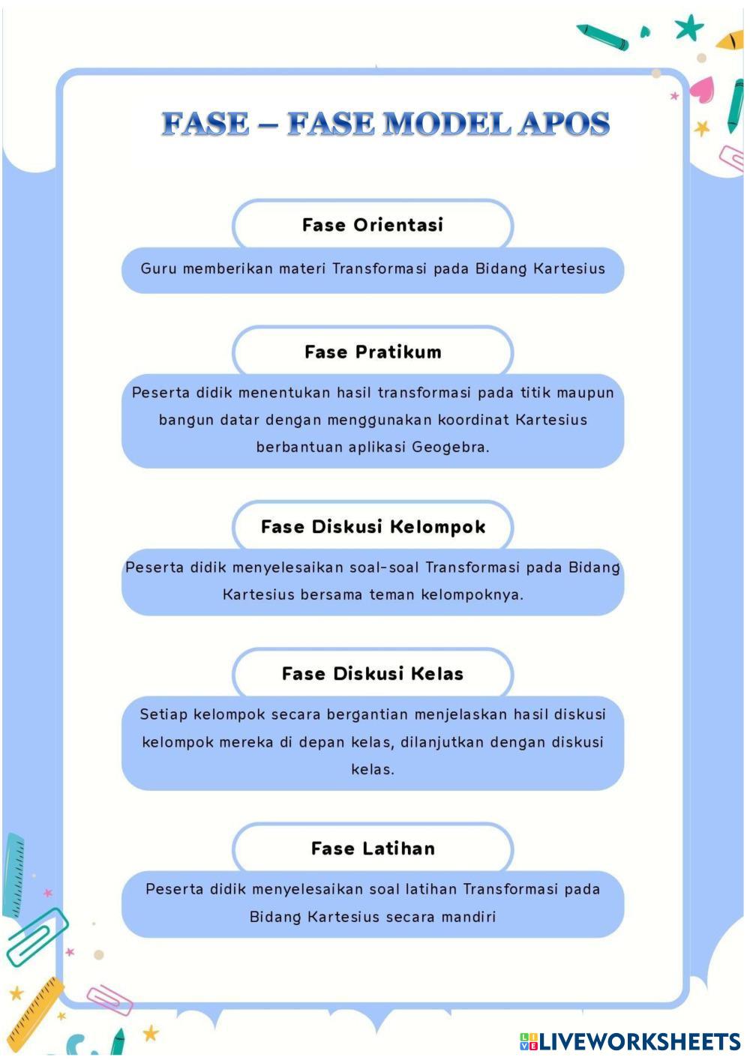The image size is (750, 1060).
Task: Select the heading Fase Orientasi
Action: [x=373, y=225]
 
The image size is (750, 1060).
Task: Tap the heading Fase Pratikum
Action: [x=373, y=352]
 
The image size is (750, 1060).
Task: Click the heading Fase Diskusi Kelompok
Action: [x=373, y=527]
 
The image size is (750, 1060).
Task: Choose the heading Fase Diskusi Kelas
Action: [x=373, y=674]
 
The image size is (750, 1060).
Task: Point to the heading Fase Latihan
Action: [x=373, y=849]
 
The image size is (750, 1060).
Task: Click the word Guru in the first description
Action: [x=157, y=268]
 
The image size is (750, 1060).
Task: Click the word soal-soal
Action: [x=384, y=567]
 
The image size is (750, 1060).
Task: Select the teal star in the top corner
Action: [x=688, y=28]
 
